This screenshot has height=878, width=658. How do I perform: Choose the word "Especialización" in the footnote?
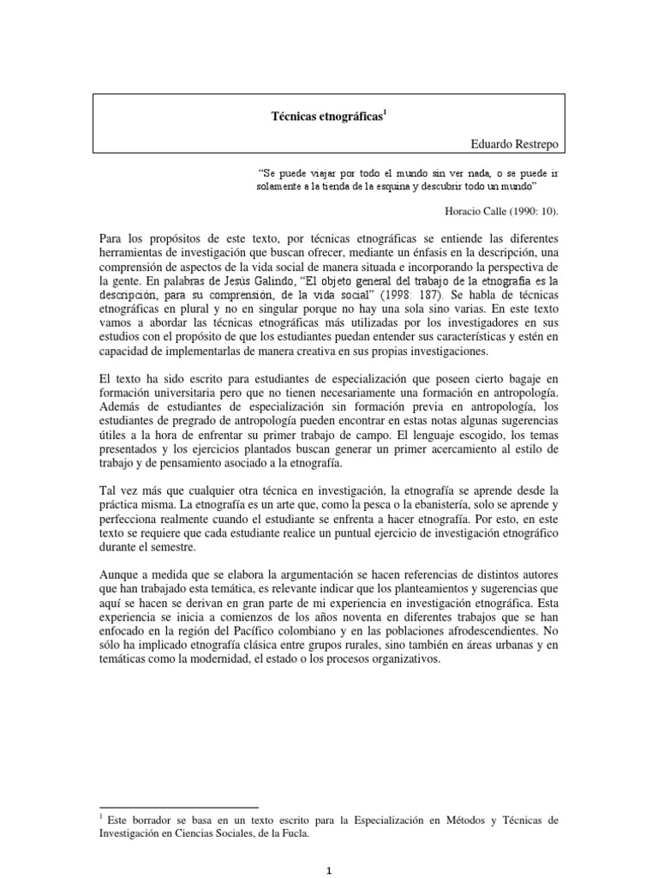pos(369,819)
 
